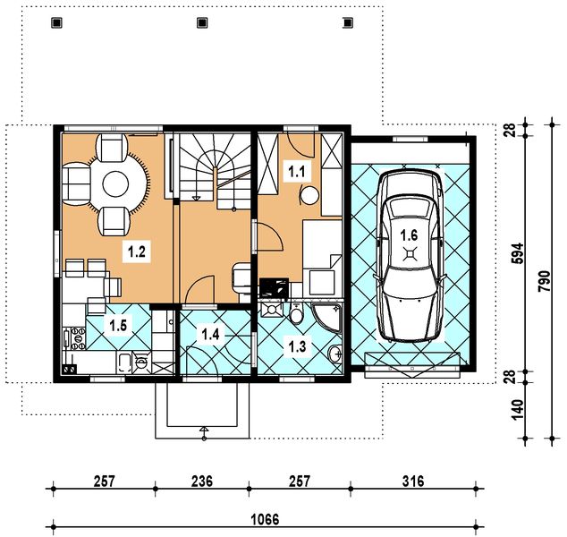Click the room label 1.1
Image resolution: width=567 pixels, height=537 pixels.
[x=297, y=171]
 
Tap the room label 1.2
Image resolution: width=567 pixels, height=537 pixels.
[x=137, y=251]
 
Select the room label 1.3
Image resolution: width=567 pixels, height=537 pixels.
[x=297, y=346]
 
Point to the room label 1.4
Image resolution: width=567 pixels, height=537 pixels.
[x=210, y=335]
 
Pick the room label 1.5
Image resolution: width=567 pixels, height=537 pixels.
[x=118, y=325]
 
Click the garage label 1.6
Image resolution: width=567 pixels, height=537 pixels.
[x=409, y=235]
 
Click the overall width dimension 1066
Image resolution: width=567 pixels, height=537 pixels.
[x=265, y=520]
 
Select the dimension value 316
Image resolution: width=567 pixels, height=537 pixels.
[x=413, y=482]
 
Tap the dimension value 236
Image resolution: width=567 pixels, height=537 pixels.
[x=202, y=482]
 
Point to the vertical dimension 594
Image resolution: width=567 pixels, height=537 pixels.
[x=518, y=253]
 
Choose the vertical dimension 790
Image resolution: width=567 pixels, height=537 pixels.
[x=544, y=281]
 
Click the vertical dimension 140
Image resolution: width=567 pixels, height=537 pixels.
[x=518, y=410]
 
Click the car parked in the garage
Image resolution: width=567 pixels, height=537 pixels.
[x=410, y=255]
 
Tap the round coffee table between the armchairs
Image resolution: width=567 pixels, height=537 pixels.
[x=115, y=184]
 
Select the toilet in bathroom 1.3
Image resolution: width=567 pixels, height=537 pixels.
[x=297, y=313]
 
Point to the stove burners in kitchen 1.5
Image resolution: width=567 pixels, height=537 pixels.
[x=79, y=338]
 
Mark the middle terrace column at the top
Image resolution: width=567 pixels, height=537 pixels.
[x=202, y=22]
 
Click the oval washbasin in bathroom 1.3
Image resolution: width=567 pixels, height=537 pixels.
[x=335, y=354]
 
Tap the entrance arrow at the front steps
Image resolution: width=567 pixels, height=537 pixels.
[x=204, y=433]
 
